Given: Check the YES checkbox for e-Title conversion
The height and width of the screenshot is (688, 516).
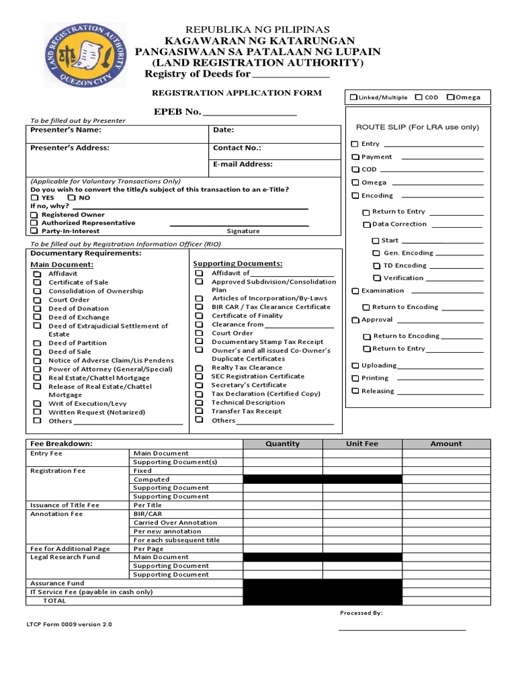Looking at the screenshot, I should [34, 198].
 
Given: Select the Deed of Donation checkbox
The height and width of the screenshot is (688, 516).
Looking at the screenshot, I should [37, 308].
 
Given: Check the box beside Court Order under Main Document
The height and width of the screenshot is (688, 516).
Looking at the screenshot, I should [37, 300].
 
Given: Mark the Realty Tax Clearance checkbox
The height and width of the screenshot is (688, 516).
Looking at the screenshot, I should [199, 368].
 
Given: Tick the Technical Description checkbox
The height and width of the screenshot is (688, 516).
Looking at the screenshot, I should [199, 402].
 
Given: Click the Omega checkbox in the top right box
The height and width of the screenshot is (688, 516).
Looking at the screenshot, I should [450, 97].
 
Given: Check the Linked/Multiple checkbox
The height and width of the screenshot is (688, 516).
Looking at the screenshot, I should [353, 97].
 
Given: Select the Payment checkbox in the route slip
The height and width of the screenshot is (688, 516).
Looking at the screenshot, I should [355, 157].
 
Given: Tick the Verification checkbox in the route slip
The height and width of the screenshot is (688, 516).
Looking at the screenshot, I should [377, 278].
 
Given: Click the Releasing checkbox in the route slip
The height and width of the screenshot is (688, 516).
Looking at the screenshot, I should [355, 391].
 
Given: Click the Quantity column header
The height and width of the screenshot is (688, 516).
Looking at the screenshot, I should [283, 444].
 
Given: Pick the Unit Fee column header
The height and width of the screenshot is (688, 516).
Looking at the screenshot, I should [362, 444].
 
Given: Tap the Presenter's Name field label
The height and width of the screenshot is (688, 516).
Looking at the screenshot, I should [66, 130].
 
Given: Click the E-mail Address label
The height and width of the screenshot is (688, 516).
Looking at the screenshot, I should [243, 165].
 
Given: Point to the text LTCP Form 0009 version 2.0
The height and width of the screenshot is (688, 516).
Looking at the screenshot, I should [69, 624].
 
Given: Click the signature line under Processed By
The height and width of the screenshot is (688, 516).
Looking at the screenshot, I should [402, 630].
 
